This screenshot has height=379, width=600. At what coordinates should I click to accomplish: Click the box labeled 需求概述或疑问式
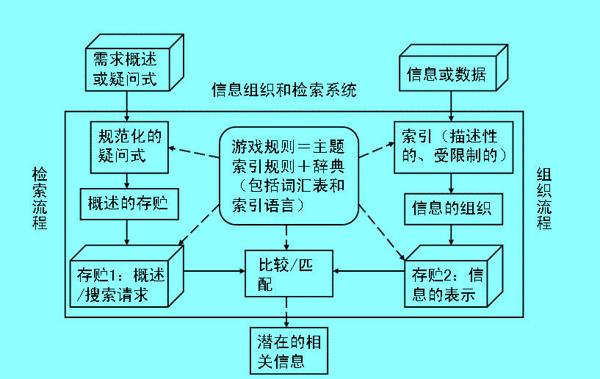click(x=126, y=68)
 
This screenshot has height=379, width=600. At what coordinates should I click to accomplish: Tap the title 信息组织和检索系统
click(x=284, y=90)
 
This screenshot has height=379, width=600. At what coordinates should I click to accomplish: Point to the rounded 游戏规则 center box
click(x=289, y=174)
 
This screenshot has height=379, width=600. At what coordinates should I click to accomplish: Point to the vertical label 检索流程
click(x=39, y=198)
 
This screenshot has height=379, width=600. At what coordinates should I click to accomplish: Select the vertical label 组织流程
click(x=544, y=198)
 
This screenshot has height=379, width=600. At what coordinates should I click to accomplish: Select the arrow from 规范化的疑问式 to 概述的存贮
click(x=129, y=180)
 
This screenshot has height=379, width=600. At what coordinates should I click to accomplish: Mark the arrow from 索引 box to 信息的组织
click(x=449, y=184)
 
